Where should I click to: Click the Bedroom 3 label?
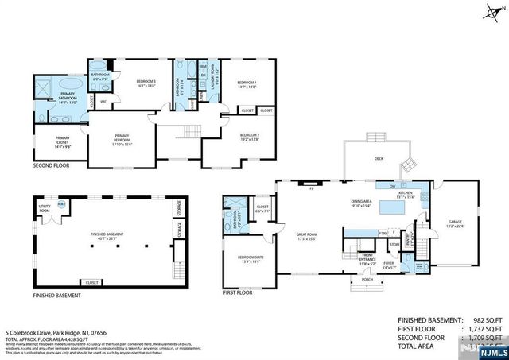tap(145, 83)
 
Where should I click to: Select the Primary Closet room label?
tap(46, 145)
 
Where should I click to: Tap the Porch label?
tap(367, 281)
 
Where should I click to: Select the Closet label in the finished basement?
tap(92, 281)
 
